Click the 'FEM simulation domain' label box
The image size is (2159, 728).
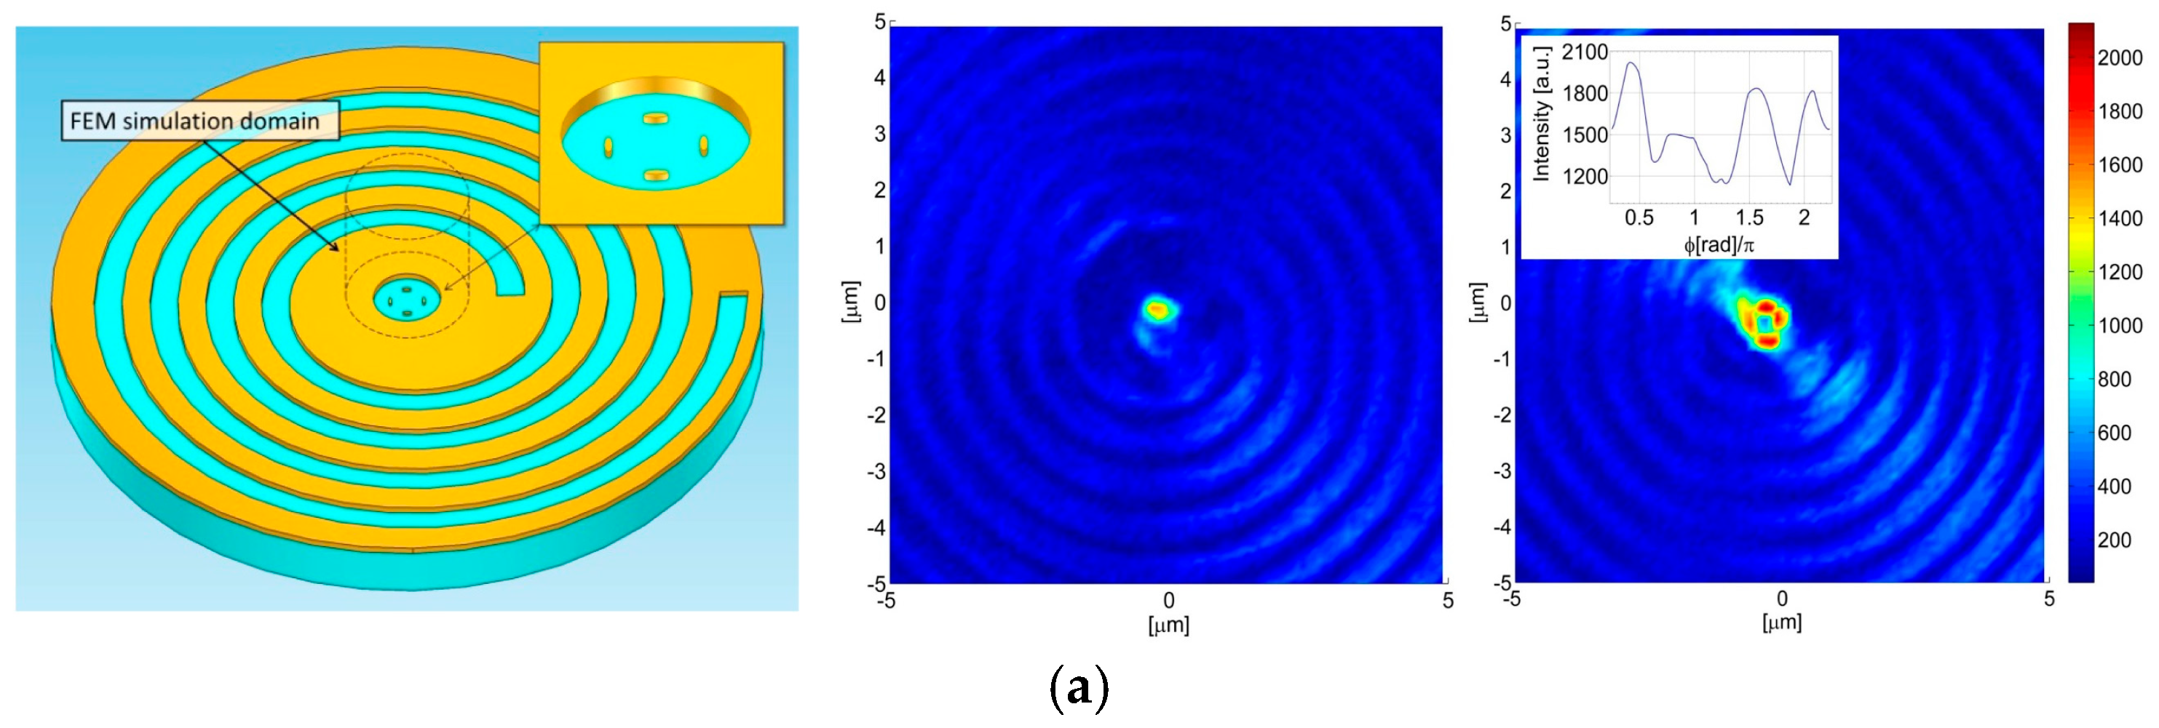[199, 121]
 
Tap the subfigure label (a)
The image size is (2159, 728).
[1079, 689]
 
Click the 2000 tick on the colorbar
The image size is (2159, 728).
[2120, 57]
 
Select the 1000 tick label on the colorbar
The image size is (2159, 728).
[2120, 326]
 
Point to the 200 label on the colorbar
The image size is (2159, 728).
[2114, 540]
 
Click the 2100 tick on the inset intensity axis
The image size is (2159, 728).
[1584, 52]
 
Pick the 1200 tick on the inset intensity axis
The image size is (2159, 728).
[1584, 177]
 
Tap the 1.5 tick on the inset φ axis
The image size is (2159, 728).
[1749, 217]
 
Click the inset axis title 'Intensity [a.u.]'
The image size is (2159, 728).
[1540, 113]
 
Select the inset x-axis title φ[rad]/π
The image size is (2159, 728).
[1718, 244]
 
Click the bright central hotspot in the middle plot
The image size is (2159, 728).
[1158, 310]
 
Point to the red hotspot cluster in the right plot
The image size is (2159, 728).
[1764, 322]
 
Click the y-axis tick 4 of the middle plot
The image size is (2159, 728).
[880, 78]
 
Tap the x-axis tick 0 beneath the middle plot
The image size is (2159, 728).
[1168, 601]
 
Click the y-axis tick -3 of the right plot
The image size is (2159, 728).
[1505, 471]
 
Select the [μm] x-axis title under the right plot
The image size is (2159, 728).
[1781, 623]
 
